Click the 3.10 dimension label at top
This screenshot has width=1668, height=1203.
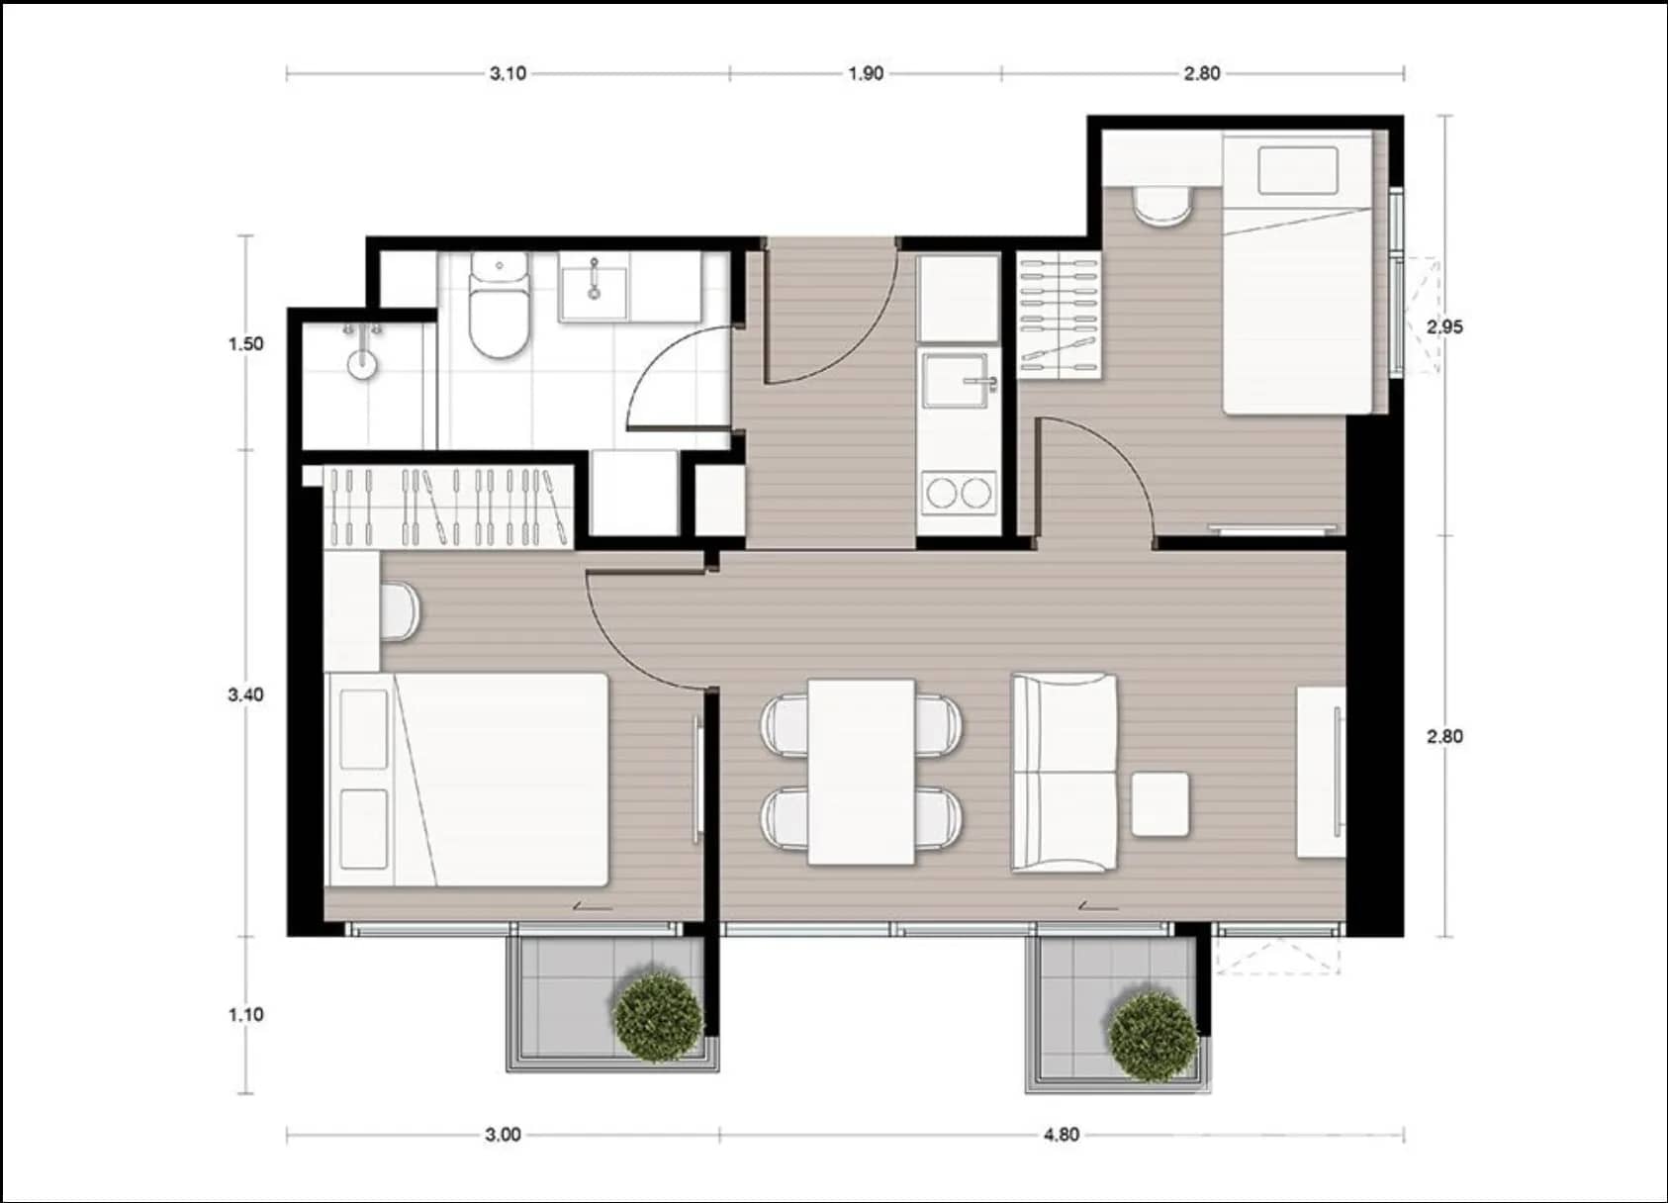click(508, 73)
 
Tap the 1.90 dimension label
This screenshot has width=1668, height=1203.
click(866, 73)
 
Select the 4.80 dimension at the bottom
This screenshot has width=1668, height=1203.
click(1062, 1135)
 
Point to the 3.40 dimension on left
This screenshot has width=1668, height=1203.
click(245, 694)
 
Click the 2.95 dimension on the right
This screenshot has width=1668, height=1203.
click(1444, 326)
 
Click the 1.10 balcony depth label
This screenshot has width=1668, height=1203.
click(245, 1014)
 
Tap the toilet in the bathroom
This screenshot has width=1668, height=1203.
click(498, 307)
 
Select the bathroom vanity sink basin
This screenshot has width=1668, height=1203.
click(594, 286)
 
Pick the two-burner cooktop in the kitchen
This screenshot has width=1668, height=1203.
click(957, 493)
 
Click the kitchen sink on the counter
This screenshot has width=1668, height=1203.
click(956, 381)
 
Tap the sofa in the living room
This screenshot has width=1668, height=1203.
click(1064, 773)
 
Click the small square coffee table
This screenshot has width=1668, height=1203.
click(1159, 804)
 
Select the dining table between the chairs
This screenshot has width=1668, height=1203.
click(861, 772)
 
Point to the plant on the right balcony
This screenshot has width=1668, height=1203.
click(1153, 1037)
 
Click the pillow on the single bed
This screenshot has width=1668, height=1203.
click(1298, 171)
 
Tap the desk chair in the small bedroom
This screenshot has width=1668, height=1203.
click(1162, 206)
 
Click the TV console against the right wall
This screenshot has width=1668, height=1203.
click(1322, 772)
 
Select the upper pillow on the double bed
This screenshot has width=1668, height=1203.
click(363, 729)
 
